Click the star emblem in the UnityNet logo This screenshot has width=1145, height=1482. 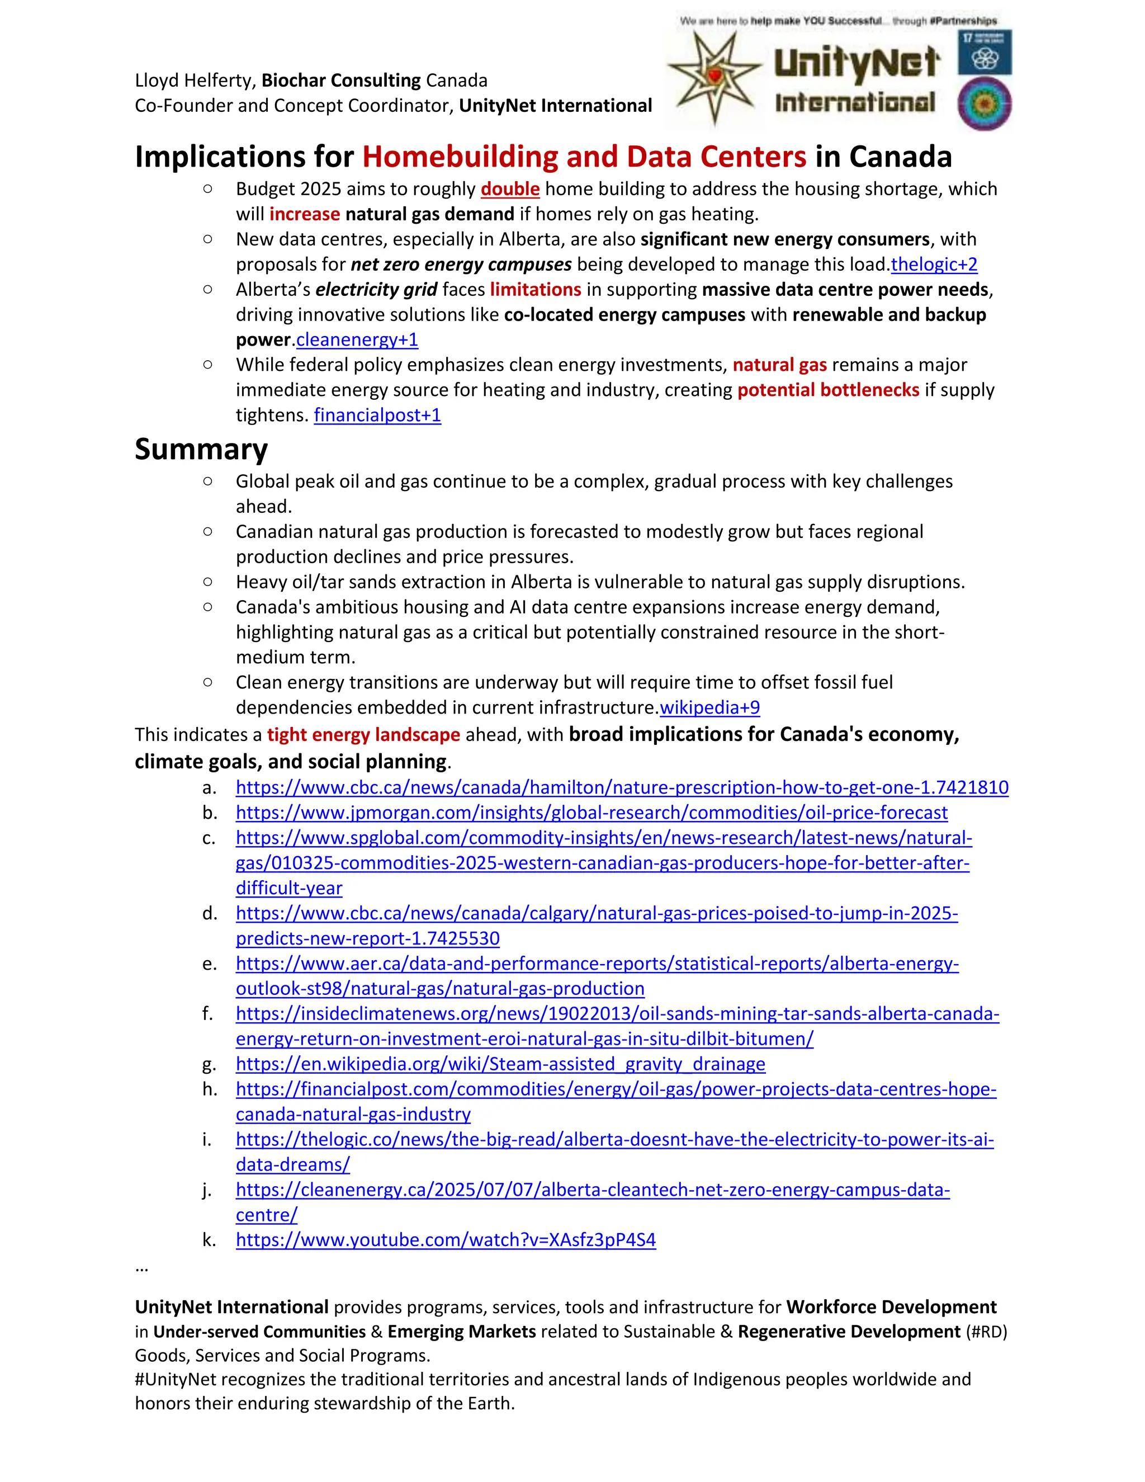[715, 77]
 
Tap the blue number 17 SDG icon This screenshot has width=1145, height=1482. [984, 51]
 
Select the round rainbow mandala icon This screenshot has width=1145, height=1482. [984, 105]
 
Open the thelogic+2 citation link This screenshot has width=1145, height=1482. [934, 264]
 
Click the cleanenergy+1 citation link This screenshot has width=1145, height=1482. [357, 339]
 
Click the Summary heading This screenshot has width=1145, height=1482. [201, 449]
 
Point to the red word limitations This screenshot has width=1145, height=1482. [535, 289]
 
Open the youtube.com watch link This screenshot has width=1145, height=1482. [446, 1240]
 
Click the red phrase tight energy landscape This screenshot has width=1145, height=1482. [363, 734]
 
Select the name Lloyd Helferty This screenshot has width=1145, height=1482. [194, 80]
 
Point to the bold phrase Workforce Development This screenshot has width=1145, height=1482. [891, 1307]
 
